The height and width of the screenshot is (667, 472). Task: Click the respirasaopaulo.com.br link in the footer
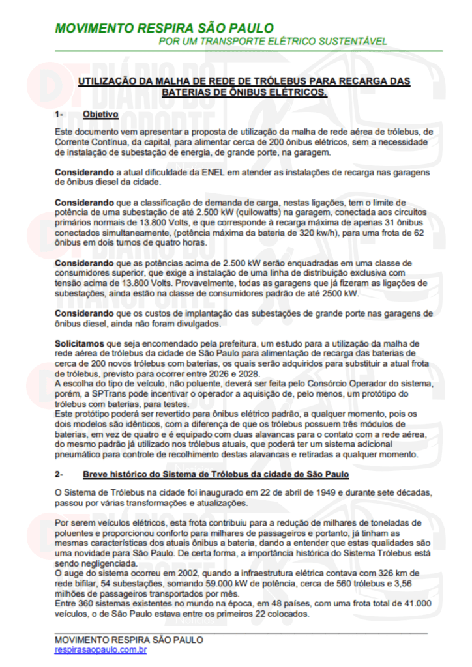click(x=100, y=649)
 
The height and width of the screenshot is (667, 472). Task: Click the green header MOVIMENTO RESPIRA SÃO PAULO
click(x=164, y=29)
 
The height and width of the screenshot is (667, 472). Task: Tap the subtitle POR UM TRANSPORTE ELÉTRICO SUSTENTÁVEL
click(x=273, y=42)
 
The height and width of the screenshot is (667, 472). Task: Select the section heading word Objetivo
click(x=100, y=115)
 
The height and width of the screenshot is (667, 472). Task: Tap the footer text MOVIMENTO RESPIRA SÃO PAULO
click(x=129, y=640)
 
